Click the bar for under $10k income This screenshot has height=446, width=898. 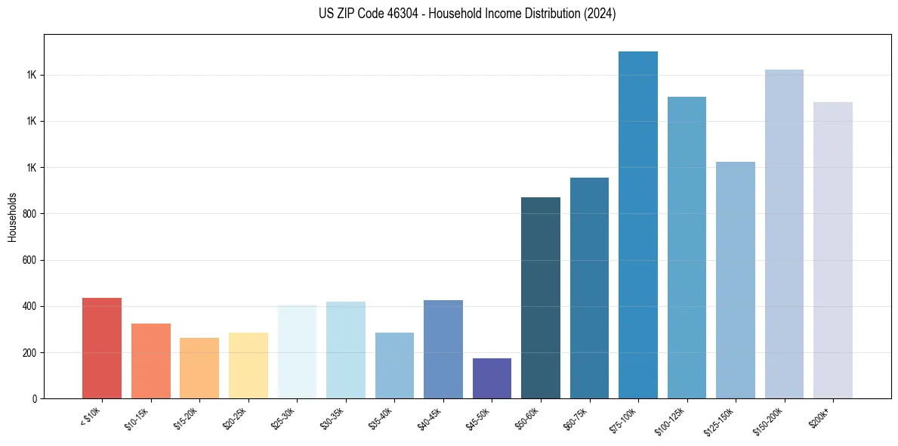[x=102, y=348]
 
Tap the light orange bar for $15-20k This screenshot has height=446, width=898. [x=199, y=368]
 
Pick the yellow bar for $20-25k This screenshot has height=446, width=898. [x=248, y=365]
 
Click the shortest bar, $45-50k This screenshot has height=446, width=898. [x=492, y=378]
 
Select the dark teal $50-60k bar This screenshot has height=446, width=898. [x=541, y=298]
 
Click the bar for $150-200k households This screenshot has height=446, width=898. [x=784, y=234]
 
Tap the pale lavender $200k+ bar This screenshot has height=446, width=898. [x=833, y=250]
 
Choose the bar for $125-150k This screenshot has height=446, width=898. [x=736, y=280]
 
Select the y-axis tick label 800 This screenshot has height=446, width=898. [x=31, y=214]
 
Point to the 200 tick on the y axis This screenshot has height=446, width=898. [x=31, y=353]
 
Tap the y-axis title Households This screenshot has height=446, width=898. [x=12, y=217]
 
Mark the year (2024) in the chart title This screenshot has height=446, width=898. [x=600, y=14]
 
